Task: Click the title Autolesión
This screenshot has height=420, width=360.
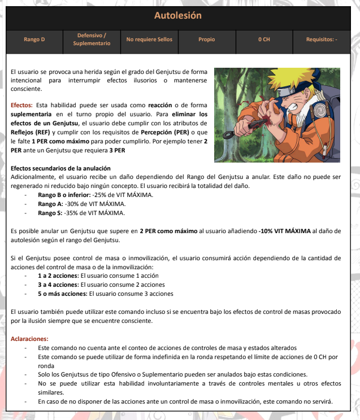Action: [180, 15]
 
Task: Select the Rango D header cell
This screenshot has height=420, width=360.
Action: [34, 40]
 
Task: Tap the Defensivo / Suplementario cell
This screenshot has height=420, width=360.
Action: [92, 40]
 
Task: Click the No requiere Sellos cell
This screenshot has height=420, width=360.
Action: [149, 40]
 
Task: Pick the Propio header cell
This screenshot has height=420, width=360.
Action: [207, 40]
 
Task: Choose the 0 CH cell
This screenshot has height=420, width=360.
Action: [264, 40]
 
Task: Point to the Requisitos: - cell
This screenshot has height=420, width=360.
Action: [322, 40]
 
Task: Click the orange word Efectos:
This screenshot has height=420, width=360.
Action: [22, 106]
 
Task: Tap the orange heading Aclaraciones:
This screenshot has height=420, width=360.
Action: [30, 339]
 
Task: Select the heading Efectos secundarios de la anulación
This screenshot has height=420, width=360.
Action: [60, 169]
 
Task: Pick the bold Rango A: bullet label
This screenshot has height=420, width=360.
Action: [51, 204]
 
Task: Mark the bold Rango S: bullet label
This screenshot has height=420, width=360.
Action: [51, 213]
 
